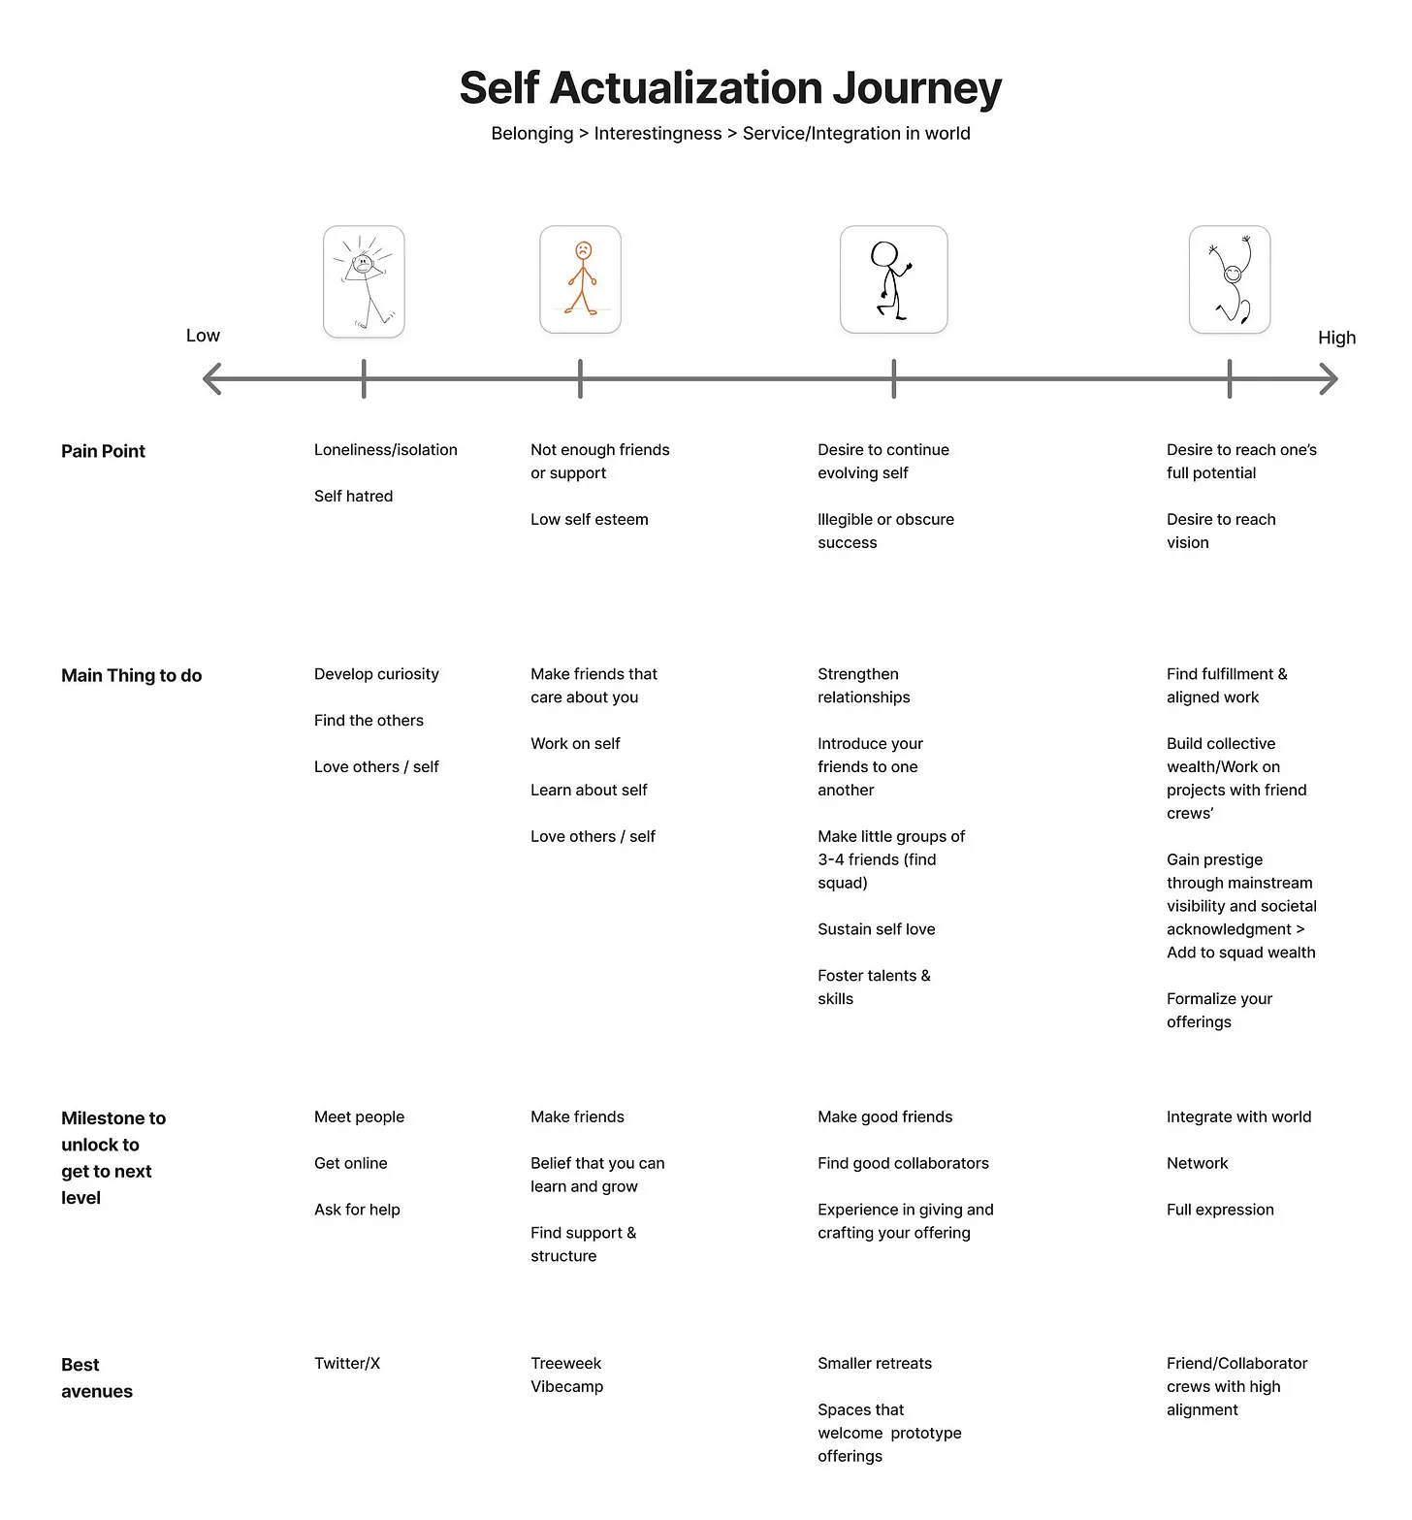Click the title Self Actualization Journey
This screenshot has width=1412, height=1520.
click(x=730, y=88)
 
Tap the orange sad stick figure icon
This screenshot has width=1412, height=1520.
click(x=580, y=279)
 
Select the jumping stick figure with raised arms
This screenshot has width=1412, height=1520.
click(x=1230, y=279)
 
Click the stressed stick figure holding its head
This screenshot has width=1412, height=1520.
click(x=364, y=281)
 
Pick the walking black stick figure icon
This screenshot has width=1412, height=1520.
click(x=893, y=279)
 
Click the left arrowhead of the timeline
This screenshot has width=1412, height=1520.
click(x=211, y=378)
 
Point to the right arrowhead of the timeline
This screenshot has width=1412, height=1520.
click(x=1330, y=378)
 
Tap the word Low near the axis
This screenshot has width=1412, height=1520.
click(x=203, y=336)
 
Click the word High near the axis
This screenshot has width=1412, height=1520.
click(x=1336, y=338)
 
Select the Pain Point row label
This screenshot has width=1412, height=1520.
click(x=103, y=451)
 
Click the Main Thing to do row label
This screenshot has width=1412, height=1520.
click(x=131, y=675)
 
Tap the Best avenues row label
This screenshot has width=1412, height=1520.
click(x=96, y=1377)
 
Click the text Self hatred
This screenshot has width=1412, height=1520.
click(x=353, y=496)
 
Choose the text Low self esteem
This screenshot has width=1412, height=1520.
click(x=589, y=519)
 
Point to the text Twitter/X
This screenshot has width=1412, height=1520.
click(x=346, y=1363)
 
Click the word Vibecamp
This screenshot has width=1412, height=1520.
click(x=566, y=1386)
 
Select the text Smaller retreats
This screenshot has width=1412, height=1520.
click(x=874, y=1363)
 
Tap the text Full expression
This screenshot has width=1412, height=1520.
click(x=1219, y=1210)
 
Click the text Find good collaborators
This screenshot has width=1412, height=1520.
click(x=902, y=1163)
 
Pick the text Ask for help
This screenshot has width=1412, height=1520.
click(x=357, y=1210)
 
